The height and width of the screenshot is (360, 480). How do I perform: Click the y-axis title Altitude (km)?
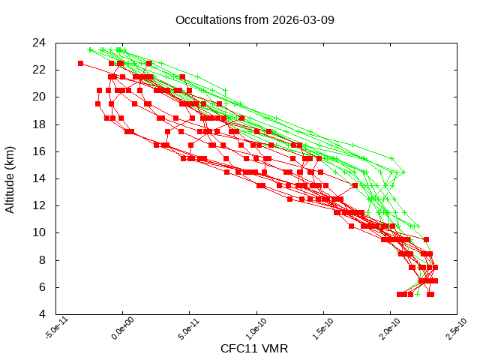tap(10, 178)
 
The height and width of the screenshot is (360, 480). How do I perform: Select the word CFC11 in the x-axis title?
tap(237, 349)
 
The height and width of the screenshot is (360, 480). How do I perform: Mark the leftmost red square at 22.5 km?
tap(80, 64)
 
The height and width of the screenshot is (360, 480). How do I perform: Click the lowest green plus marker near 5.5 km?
tap(417, 294)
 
